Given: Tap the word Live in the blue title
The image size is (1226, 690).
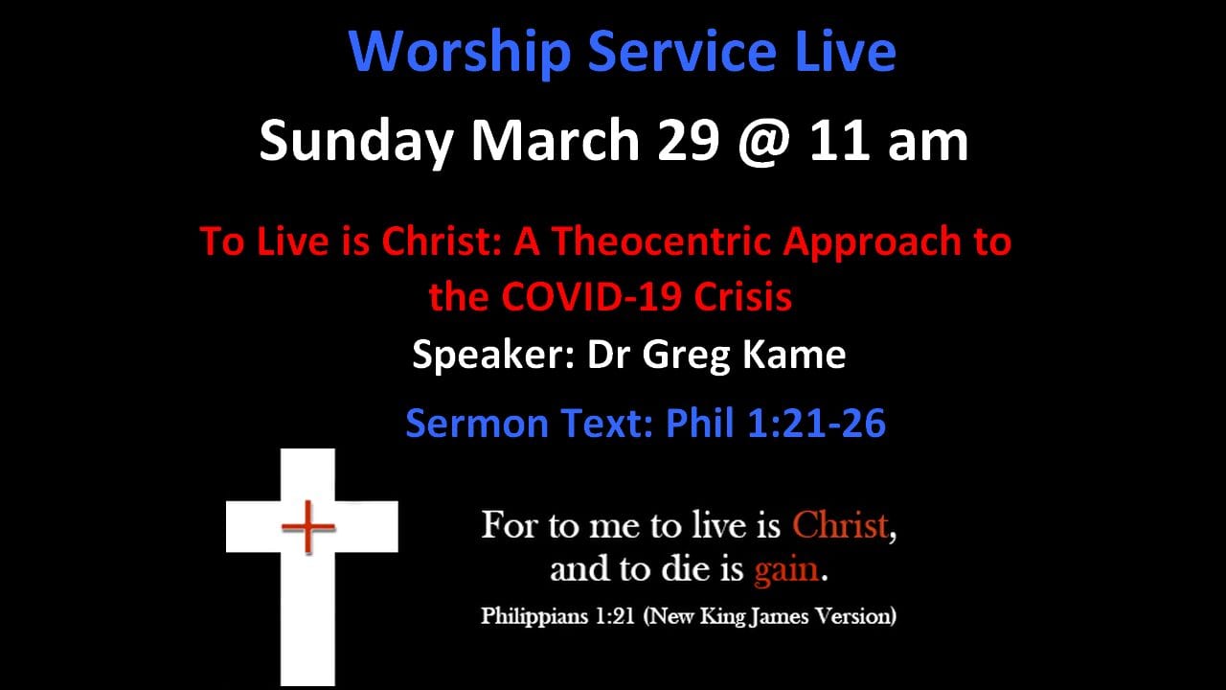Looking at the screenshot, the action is coord(846,51).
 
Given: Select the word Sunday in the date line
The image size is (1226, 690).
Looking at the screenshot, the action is coord(356,141).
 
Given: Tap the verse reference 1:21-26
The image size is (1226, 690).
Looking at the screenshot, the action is coord(816,424).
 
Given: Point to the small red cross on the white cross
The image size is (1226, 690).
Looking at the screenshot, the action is coord(308,527).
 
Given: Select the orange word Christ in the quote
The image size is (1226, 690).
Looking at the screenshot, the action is coord(840,525).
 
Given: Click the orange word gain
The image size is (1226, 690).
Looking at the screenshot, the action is coord(786,570).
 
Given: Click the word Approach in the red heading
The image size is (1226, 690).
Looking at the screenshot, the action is coord(872,242).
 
